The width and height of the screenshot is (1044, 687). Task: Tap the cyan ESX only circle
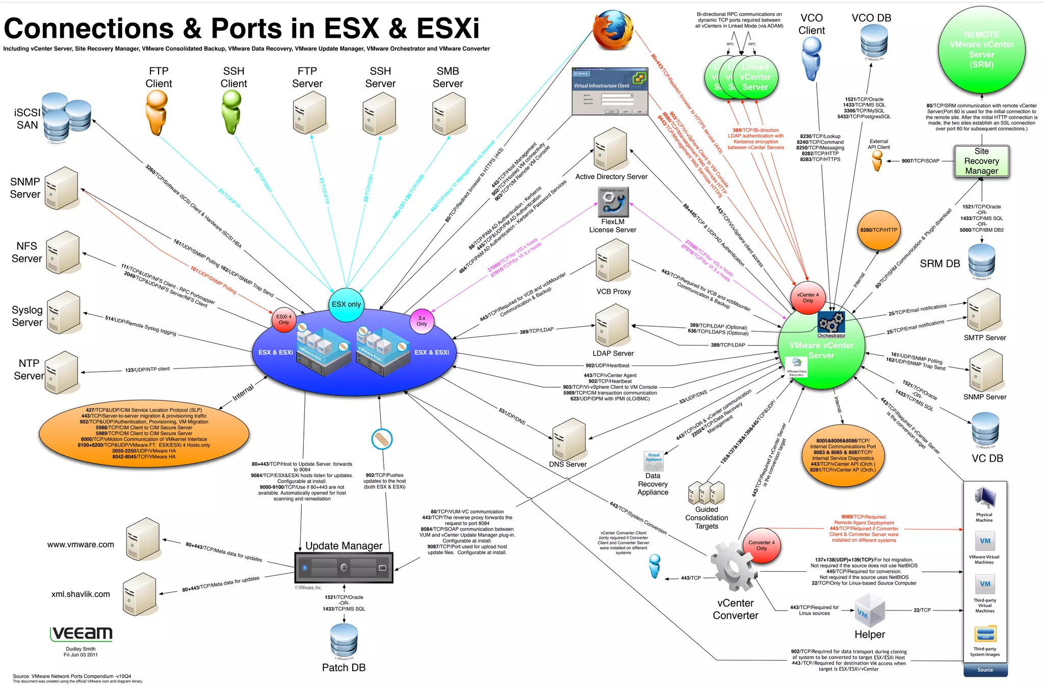click(346, 304)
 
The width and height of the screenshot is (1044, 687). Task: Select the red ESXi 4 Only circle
click(284, 320)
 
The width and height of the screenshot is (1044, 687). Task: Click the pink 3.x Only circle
click(422, 321)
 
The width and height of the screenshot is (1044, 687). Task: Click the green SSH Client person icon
click(231, 113)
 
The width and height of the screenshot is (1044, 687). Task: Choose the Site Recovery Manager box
click(981, 161)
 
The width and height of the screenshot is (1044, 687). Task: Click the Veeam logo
click(82, 633)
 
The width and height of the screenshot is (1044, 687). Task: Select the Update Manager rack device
click(344, 567)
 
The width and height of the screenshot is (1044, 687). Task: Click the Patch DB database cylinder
click(344, 641)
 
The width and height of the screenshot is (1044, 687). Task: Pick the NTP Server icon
click(61, 372)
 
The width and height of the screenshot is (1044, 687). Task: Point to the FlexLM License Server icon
click(613, 202)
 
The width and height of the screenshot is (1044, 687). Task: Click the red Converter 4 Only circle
click(761, 545)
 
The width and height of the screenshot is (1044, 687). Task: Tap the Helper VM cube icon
click(870, 611)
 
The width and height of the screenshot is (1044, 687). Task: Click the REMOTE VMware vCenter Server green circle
click(981, 50)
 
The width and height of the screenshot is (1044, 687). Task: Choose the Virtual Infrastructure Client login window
click(610, 91)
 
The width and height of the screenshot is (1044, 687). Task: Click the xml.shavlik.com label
click(81, 594)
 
